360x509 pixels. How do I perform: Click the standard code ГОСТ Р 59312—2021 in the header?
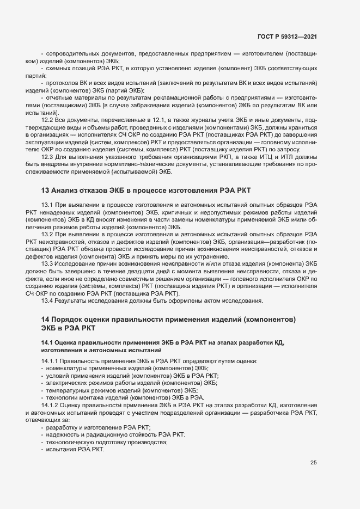coord(288,36)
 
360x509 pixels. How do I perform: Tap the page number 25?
coord(313,463)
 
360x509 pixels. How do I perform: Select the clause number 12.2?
coord(47,119)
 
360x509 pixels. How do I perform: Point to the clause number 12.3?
coord(47,157)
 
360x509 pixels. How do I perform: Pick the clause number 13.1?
coord(47,204)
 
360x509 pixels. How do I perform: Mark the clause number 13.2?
coord(47,234)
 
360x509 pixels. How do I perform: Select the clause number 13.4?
coord(47,301)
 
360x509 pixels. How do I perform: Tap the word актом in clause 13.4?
coord(216,301)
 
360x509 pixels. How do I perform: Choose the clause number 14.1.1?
coord(50,361)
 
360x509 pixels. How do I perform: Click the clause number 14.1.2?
coord(50,406)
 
